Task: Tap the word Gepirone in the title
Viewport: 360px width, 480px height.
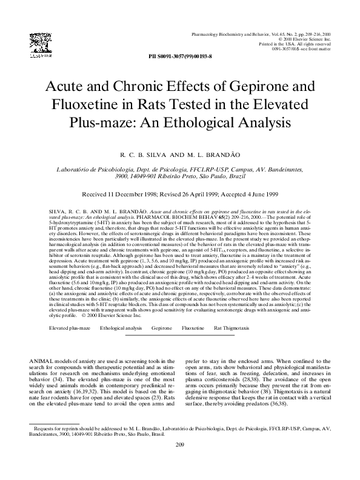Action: [x=248, y=85]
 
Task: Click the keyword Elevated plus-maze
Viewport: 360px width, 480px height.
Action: [x=70, y=327]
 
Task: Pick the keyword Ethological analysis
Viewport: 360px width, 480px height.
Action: [x=121, y=327]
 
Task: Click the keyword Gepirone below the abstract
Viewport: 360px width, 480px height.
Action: [x=162, y=327]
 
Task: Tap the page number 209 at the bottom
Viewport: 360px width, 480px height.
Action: [x=179, y=464]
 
